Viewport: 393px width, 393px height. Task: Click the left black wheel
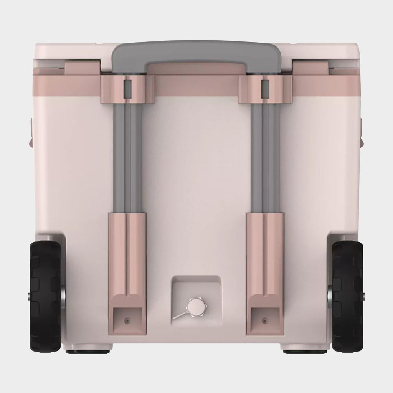pyautogui.click(x=45, y=297)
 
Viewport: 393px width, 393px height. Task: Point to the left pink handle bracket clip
pyautogui.click(x=128, y=89)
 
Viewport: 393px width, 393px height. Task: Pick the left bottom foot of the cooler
pyautogui.click(x=89, y=351)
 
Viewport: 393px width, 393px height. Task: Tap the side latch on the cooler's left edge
pyautogui.click(x=29, y=132)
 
